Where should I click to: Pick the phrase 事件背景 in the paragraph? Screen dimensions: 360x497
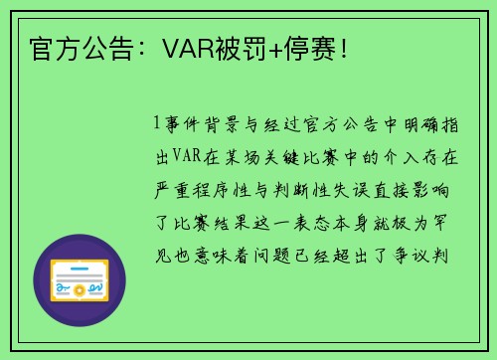click(x=204, y=126)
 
